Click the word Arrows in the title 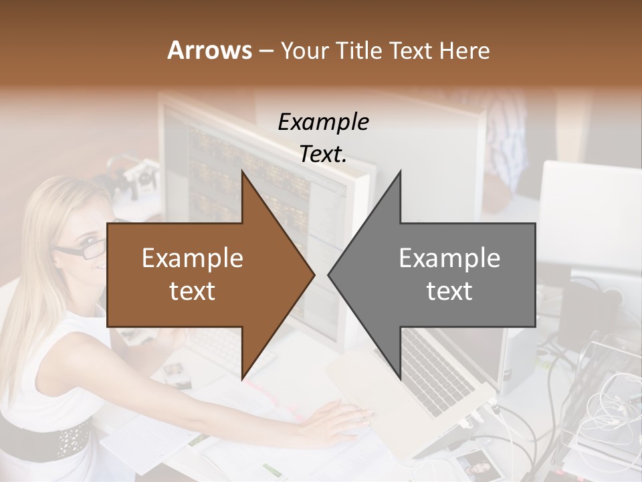point(208,50)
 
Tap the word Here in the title point(465,50)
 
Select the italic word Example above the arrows point(323,123)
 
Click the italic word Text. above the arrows point(323,154)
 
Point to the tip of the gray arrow point(329,274)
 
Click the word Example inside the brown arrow point(193,258)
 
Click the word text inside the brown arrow point(193,291)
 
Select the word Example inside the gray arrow point(449,258)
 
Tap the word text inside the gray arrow point(449,291)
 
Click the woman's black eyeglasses point(80,252)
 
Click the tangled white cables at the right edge point(609,402)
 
